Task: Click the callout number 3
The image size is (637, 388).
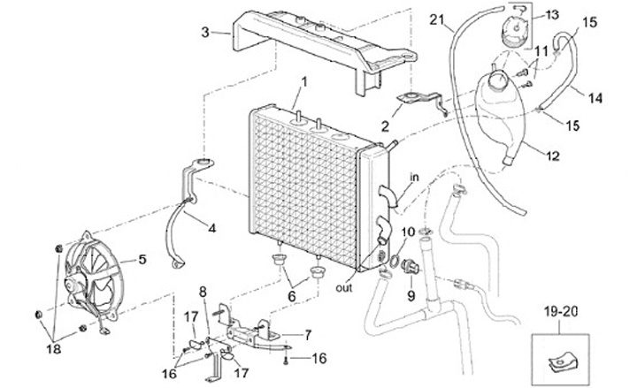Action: (x=205, y=32)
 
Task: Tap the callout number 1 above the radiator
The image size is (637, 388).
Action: (x=303, y=82)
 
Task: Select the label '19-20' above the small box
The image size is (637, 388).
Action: (x=561, y=312)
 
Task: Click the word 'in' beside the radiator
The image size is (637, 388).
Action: (x=414, y=178)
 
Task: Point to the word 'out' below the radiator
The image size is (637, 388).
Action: (x=344, y=288)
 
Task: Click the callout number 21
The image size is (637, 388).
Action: (x=437, y=19)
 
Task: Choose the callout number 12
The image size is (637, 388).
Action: (x=553, y=156)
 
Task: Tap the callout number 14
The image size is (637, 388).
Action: (x=595, y=98)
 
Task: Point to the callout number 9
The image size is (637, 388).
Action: (x=411, y=296)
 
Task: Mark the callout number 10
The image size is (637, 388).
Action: (x=408, y=232)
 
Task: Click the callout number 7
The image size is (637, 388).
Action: (x=308, y=335)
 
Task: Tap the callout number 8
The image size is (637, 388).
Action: (x=203, y=292)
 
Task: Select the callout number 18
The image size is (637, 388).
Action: (x=54, y=349)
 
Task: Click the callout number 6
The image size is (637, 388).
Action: (x=291, y=296)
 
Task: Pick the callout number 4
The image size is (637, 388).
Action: (x=211, y=229)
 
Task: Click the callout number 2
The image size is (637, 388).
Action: (x=385, y=126)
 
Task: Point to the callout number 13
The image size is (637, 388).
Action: (x=552, y=15)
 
